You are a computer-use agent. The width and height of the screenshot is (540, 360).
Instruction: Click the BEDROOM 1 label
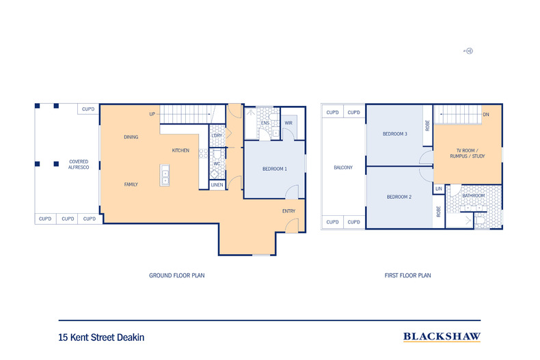[x=274, y=169]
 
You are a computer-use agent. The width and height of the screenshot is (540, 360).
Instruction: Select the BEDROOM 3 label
[x=395, y=134]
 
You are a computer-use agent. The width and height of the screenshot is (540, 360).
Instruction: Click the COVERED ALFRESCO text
[x=78, y=165]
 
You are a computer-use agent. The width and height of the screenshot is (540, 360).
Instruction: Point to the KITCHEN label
[x=180, y=150]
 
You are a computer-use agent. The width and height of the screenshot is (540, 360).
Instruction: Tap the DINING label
[x=131, y=137]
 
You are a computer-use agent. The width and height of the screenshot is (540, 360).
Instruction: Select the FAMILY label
[x=131, y=184]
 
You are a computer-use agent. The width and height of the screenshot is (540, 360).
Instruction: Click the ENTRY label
[x=288, y=211]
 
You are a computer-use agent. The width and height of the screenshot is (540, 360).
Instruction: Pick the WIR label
[x=288, y=123]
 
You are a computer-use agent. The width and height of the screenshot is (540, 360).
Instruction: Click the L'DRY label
[x=217, y=135]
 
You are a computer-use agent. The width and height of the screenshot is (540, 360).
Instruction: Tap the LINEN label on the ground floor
[x=217, y=185]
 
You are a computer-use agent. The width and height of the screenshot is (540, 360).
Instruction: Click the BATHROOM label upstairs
[x=473, y=196]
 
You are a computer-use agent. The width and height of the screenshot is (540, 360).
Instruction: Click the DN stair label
[x=485, y=115]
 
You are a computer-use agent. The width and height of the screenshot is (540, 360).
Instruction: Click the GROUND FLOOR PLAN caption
[x=177, y=276]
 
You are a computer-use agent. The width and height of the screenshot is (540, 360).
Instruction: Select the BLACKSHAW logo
[x=442, y=336]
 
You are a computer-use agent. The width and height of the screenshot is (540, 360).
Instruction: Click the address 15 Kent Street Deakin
[x=101, y=337]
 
